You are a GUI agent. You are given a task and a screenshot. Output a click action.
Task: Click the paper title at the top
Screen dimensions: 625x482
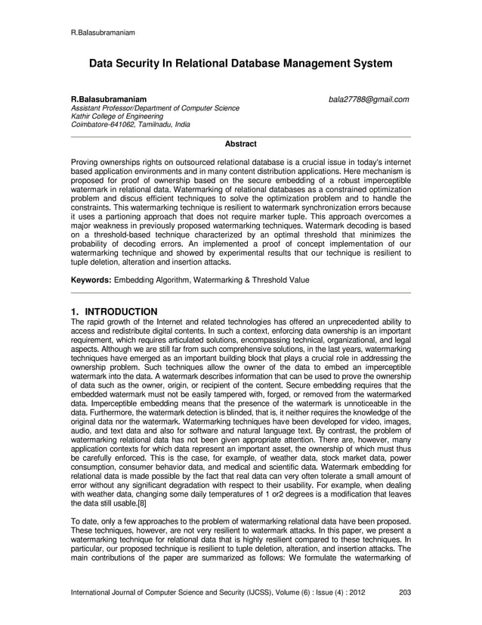click(x=241, y=64)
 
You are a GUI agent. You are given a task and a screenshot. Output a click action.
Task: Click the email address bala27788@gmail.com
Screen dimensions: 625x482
click(x=368, y=99)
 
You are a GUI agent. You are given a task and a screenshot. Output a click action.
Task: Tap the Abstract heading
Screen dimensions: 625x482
click(x=241, y=144)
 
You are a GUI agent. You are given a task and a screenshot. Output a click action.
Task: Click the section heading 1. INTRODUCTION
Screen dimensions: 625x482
click(x=114, y=312)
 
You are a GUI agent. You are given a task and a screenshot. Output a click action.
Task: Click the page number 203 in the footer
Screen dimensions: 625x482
click(x=404, y=592)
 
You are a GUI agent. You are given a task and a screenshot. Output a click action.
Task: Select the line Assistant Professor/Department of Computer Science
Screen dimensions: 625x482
click(x=155, y=108)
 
